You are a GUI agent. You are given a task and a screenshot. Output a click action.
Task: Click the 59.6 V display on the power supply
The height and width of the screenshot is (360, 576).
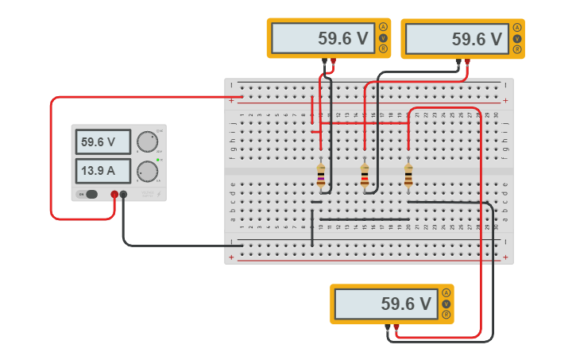coord(103,142)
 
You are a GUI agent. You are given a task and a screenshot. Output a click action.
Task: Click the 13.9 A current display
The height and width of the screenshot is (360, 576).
coord(103,170)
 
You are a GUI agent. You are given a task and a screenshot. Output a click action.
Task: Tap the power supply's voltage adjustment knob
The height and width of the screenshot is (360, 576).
coord(146,141)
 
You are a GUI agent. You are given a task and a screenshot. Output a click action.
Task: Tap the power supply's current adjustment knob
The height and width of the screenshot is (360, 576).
coord(146,171)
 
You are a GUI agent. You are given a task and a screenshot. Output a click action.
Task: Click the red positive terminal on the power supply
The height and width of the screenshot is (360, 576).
coord(114,194)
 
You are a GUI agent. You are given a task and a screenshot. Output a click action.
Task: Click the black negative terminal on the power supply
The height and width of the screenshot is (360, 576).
coord(123,194)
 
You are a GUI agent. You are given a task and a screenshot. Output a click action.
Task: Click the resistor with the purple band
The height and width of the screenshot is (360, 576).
coord(321,176)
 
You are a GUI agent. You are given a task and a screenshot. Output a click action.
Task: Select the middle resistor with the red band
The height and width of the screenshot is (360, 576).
coord(365,176)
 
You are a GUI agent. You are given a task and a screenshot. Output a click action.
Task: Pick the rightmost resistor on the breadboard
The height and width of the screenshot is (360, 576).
coord(408,176)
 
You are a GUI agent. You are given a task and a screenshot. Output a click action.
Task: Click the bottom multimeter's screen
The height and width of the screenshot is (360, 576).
coord(385,304)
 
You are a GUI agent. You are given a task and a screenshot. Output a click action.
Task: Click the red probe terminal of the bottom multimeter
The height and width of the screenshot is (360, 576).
coord(396,327)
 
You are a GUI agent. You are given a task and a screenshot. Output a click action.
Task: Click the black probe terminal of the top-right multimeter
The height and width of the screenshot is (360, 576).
coord(458,61)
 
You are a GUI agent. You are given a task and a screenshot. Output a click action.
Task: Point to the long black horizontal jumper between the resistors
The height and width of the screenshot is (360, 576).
coord(364,219)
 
